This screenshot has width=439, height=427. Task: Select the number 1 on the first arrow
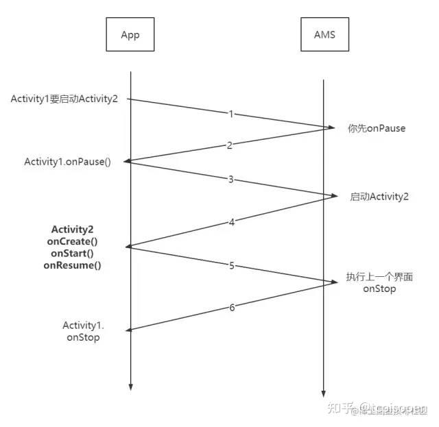tap(231, 113)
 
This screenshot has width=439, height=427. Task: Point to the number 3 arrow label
tap(231, 179)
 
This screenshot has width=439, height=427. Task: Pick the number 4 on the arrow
tap(231, 221)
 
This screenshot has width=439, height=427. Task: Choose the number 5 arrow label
tap(231, 265)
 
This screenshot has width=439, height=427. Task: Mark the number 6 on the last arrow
tap(231, 307)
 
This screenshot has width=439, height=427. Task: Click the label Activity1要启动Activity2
tap(64, 99)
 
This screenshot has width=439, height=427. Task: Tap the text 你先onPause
tap(377, 128)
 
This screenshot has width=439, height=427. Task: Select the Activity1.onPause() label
tap(67, 162)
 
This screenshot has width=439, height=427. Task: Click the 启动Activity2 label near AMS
tap(379, 197)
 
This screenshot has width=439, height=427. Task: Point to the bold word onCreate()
tap(72, 241)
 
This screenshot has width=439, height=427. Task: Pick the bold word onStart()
tap(72, 253)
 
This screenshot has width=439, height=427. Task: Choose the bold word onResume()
tap(72, 265)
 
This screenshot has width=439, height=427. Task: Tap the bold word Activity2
tap(72, 228)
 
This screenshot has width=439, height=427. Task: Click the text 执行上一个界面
tap(379, 277)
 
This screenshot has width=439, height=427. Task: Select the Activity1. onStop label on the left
tap(82, 331)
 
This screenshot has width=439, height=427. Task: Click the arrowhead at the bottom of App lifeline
tap(130, 389)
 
